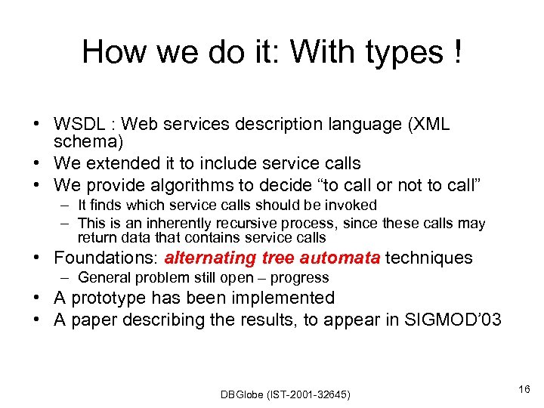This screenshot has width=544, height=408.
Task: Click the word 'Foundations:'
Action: (x=107, y=258)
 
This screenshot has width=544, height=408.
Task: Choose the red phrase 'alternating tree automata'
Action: (x=272, y=258)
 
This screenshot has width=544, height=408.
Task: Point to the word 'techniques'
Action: (x=428, y=258)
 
